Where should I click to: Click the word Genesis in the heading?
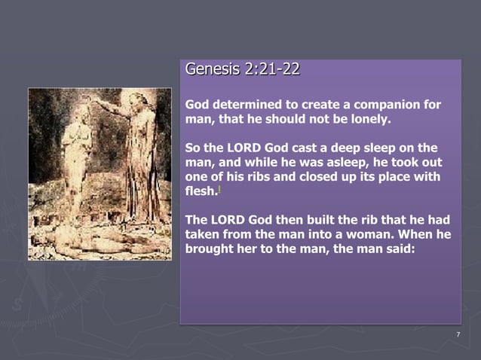coord(208,70)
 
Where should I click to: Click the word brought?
coord(212,249)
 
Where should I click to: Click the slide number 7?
coord(458,335)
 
